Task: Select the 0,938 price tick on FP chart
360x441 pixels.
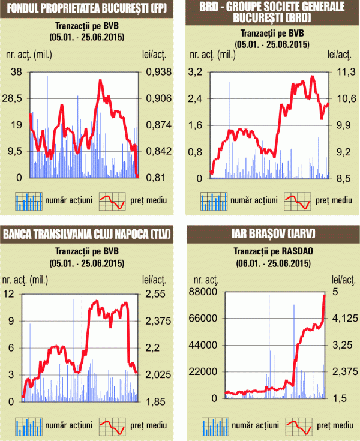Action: (x=159, y=72)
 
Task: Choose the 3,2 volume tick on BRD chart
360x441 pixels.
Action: (x=196, y=72)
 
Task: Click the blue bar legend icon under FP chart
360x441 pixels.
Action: (x=29, y=201)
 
